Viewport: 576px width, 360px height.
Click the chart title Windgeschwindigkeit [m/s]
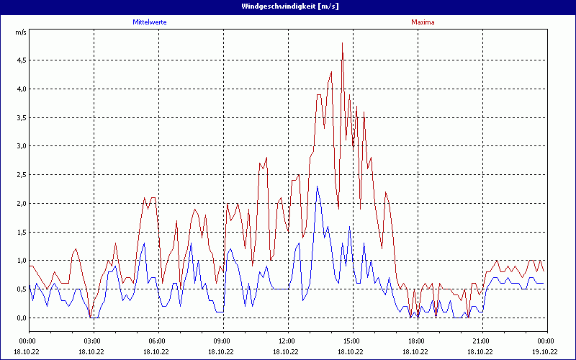[x=288, y=6]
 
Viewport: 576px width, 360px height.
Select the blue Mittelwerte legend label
[x=150, y=22]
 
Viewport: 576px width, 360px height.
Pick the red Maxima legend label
[x=423, y=22]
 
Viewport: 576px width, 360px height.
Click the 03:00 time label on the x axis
[x=93, y=341]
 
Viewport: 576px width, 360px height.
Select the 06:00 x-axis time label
[x=158, y=341]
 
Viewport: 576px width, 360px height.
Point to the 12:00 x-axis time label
[x=287, y=341]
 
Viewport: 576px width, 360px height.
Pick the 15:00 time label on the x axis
[x=352, y=341]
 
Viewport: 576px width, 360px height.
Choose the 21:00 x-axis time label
[x=482, y=341]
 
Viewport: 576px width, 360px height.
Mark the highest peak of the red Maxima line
[x=342, y=43]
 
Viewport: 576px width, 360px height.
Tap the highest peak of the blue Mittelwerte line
[x=318, y=186]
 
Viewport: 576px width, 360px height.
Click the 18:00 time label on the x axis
[x=417, y=341]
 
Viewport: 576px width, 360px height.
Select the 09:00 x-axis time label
[x=222, y=341]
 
